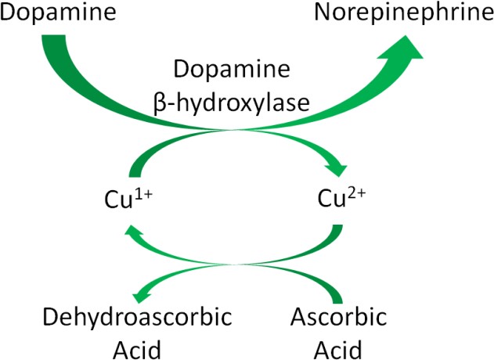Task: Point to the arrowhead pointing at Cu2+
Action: tap(335, 167)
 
